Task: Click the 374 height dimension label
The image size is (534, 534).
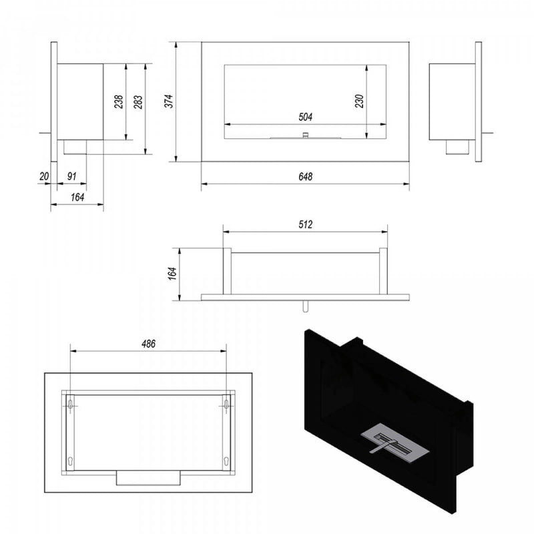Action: coord(169,101)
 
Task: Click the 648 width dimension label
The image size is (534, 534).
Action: coord(306,178)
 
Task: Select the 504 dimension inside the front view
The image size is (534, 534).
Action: coord(305,117)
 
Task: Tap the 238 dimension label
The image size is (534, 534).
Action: coord(118,101)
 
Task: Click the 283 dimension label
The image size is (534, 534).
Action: coord(138,101)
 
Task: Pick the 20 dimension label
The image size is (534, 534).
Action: coord(44,178)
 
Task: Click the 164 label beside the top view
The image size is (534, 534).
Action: coord(172,273)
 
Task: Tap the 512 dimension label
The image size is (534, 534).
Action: coord(306,225)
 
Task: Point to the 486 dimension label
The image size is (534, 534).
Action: coord(148,344)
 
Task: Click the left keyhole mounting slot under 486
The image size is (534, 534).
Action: coord(71,405)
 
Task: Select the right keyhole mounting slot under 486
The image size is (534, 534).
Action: coord(226,405)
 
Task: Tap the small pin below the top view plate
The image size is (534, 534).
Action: coord(304,306)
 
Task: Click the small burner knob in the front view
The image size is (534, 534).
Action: coord(305,135)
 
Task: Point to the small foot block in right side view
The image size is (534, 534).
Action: coord(458,147)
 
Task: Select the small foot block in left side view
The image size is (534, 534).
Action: coord(74,147)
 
